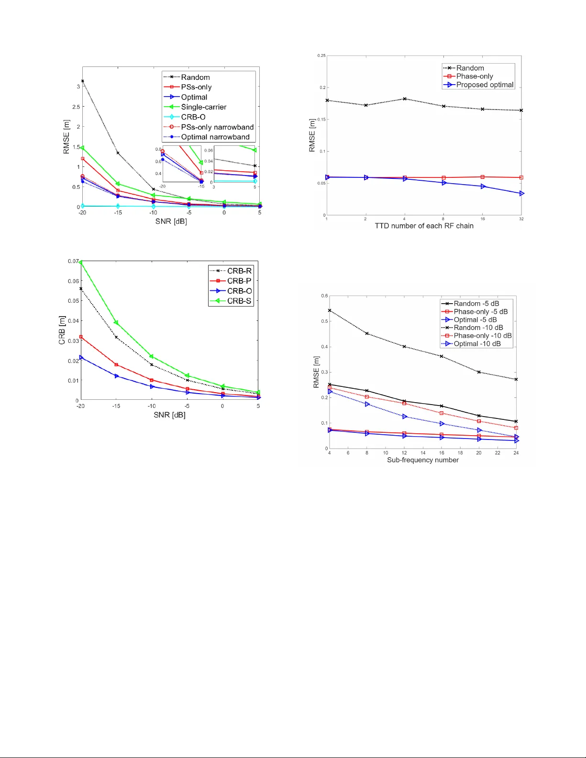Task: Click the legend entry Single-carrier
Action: tap(203, 107)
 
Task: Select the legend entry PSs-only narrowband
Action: tap(217, 127)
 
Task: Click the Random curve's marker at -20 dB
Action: tap(83, 81)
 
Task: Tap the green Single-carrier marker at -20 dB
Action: tap(82, 148)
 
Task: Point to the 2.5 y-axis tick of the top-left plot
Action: tap(76, 107)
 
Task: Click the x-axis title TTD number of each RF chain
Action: tap(424, 226)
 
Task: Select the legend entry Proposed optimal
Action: tap(485, 85)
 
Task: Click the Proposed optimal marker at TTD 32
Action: tap(521, 193)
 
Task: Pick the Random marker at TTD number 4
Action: tap(405, 99)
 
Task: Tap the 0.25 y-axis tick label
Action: tap(321, 56)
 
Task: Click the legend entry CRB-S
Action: tap(239, 301)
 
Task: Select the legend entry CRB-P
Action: tap(239, 281)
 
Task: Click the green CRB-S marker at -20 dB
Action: tap(81, 263)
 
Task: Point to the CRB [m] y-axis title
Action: tap(62, 330)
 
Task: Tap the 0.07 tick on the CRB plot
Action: tap(73, 261)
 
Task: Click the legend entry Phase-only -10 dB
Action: tap(482, 336)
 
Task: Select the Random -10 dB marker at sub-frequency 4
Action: tap(330, 310)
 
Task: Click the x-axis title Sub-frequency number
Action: tap(422, 460)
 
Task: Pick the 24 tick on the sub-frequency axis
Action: tap(516, 453)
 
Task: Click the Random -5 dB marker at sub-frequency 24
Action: tap(516, 421)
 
